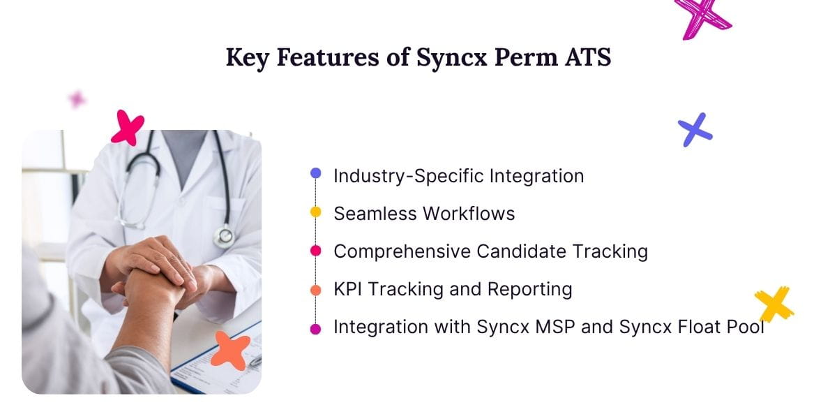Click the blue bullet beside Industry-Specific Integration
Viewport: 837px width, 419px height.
pyautogui.click(x=315, y=173)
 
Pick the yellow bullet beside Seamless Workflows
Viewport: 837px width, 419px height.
pyautogui.click(x=315, y=212)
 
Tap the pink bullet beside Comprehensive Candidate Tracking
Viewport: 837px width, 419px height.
pyautogui.click(x=315, y=250)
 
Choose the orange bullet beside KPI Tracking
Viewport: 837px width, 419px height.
pyautogui.click(x=315, y=291)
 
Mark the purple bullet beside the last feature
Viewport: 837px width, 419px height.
pyautogui.click(x=315, y=328)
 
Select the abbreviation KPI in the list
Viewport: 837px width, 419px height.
pyautogui.click(x=348, y=289)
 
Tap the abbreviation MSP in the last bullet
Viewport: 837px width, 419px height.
pyautogui.click(x=553, y=327)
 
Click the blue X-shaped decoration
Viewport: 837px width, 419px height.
pyautogui.click(x=695, y=130)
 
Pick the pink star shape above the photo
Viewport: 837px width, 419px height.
pyautogui.click(x=128, y=128)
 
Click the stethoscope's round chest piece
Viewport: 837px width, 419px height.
pyautogui.click(x=223, y=237)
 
